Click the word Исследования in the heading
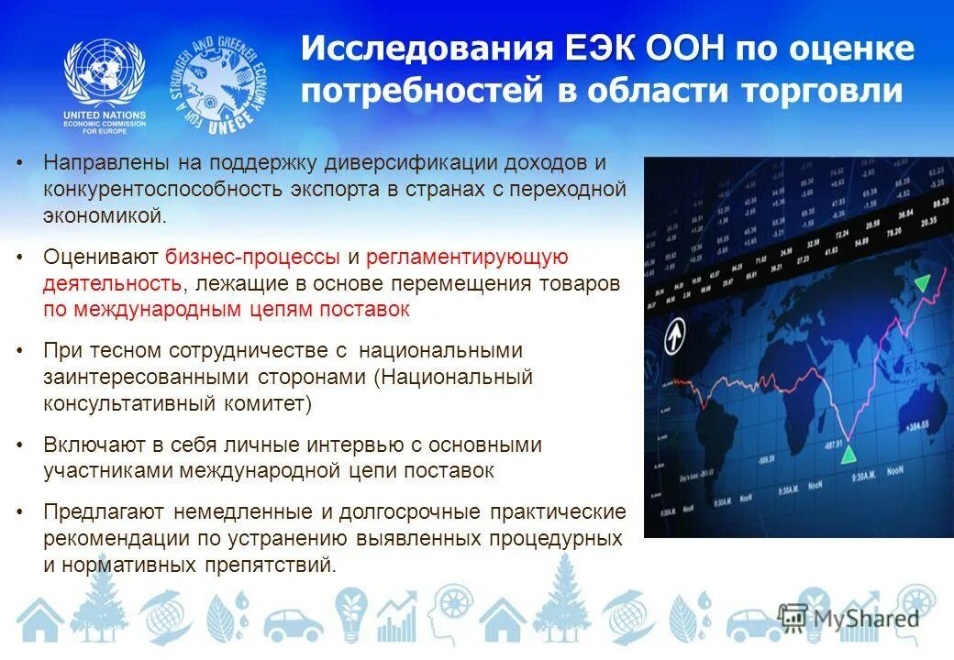(427, 49)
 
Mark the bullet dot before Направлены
(21, 163)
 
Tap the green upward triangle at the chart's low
(850, 453)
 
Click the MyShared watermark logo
(849, 617)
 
